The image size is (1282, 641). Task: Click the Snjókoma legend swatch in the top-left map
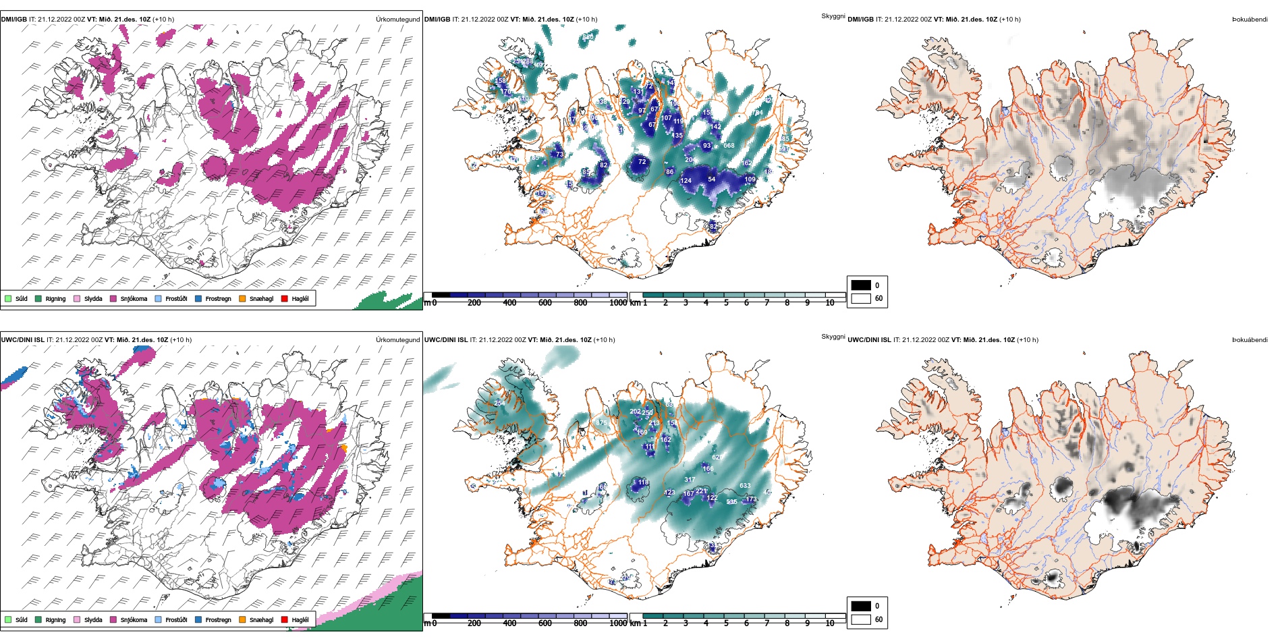click(x=113, y=298)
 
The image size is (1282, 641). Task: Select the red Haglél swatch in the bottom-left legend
click(x=285, y=619)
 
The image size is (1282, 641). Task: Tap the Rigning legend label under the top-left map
click(x=55, y=299)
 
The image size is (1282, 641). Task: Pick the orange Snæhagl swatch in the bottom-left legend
click(x=242, y=619)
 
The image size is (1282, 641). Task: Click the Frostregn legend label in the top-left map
click(x=218, y=299)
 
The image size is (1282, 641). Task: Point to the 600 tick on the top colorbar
click(x=545, y=303)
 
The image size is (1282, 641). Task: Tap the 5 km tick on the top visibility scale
click(x=726, y=303)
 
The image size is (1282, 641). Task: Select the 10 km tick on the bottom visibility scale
click(x=830, y=623)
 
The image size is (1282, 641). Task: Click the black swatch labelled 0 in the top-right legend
click(x=861, y=285)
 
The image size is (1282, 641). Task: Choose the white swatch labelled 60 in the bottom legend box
click(x=861, y=619)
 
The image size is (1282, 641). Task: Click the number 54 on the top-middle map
click(x=711, y=179)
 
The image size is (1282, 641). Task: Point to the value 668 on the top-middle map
click(x=729, y=146)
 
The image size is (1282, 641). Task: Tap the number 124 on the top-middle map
click(x=686, y=181)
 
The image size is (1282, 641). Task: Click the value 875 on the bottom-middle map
click(x=601, y=423)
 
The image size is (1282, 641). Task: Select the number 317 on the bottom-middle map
click(x=690, y=480)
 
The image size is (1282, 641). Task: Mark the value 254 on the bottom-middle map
click(x=499, y=403)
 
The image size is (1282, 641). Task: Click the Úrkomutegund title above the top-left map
click(x=397, y=20)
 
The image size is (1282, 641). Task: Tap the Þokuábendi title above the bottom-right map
click(x=1250, y=340)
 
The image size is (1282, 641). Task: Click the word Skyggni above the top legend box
click(x=833, y=16)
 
